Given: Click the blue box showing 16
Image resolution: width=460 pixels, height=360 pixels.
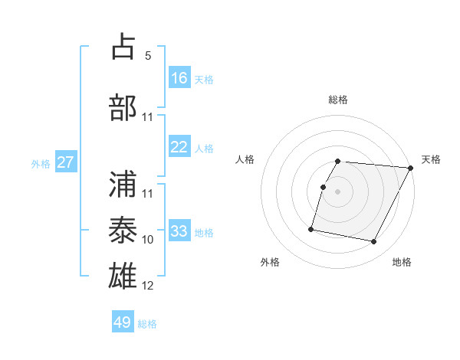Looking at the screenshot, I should coord(179,78).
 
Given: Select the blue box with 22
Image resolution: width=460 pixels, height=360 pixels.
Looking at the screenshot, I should coord(179,147).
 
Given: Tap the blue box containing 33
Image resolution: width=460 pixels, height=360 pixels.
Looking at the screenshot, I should coord(179,231).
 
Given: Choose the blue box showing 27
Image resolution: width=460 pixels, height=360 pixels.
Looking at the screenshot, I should coord(65,162).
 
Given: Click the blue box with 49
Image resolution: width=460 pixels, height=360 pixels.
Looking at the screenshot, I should coord(123,322).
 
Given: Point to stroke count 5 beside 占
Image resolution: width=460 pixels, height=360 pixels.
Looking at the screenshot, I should coord(148,55).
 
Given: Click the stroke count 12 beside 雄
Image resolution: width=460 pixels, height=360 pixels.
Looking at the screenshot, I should coord(148,286).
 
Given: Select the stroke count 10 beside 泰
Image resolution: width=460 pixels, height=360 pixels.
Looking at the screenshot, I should coord(148,240).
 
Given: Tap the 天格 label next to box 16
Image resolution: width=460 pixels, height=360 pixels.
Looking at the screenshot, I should coord(204,79).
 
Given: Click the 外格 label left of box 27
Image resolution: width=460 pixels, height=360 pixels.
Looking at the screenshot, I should coord(41,163).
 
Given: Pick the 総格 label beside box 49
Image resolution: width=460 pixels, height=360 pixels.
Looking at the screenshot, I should coord(147,323).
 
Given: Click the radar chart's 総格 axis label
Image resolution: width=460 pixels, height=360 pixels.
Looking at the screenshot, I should coord(337,100).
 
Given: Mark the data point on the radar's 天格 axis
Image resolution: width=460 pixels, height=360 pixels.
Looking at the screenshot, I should coord(411,168).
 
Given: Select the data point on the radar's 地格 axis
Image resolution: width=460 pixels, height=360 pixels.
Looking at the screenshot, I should coord(374,242).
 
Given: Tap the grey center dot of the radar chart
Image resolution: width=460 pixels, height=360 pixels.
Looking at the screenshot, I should coord(337,191).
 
